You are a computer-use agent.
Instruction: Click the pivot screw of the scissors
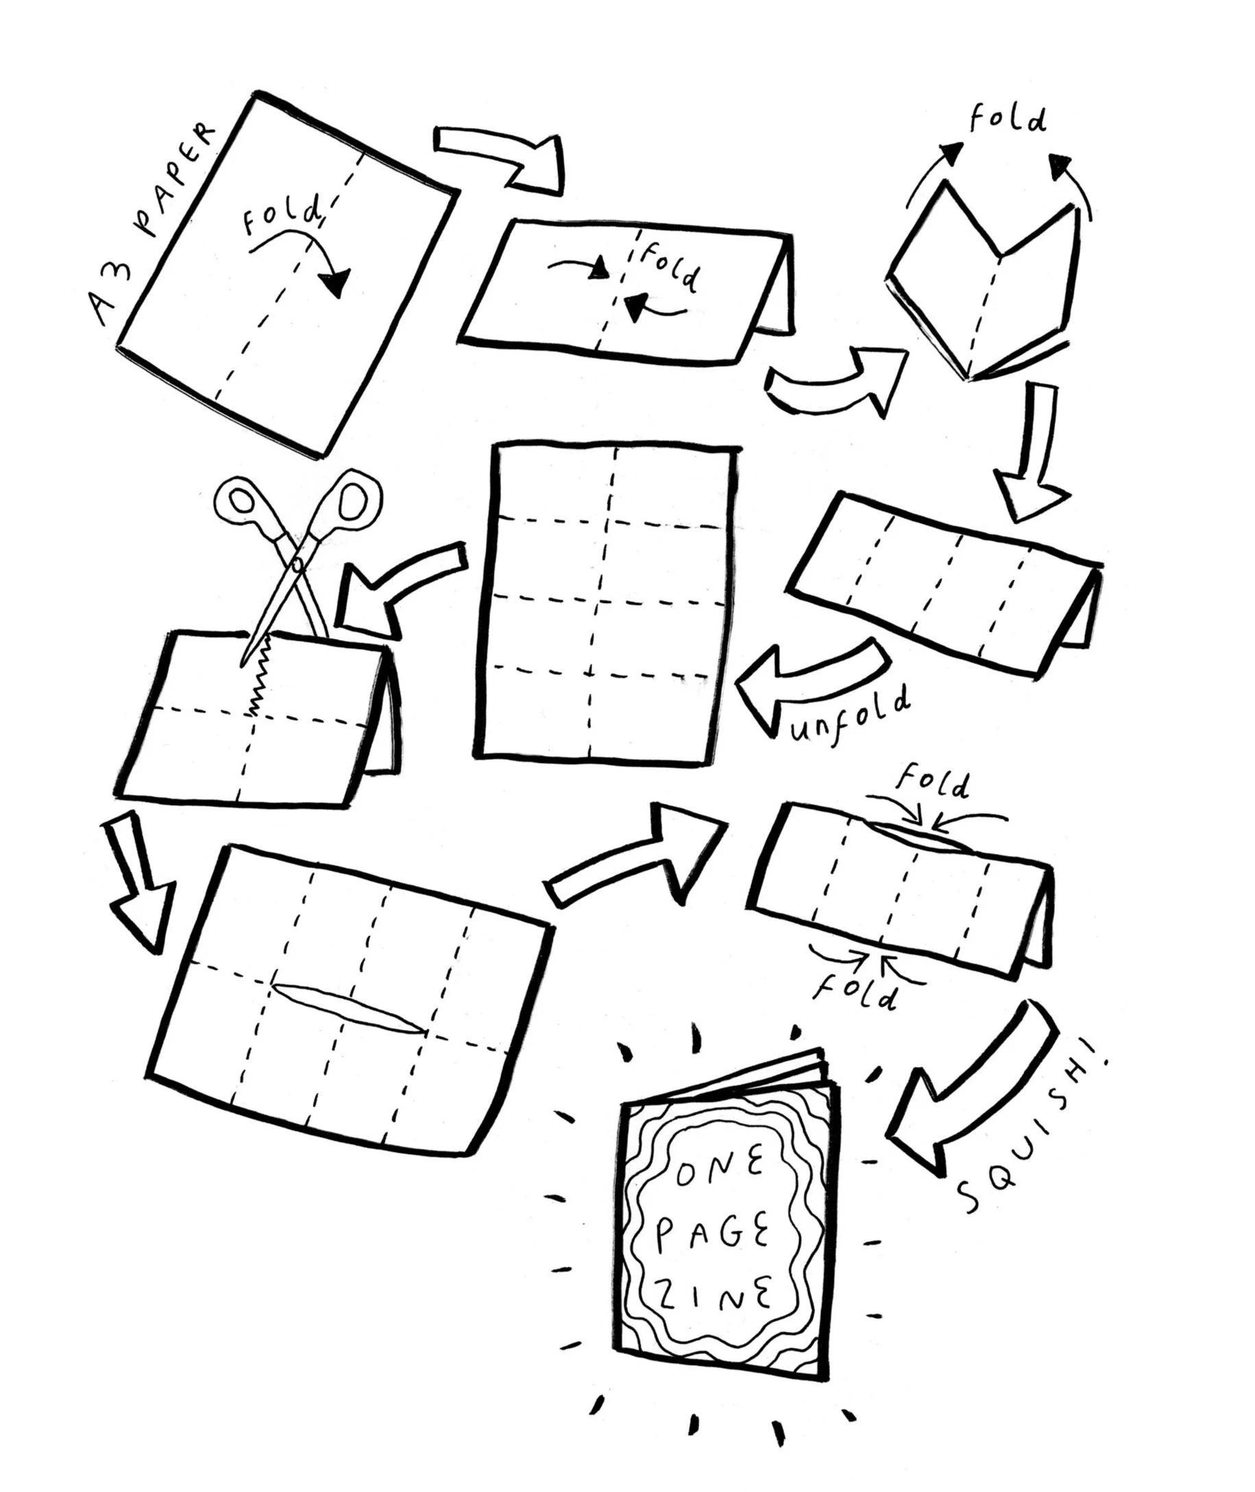pos(297,565)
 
